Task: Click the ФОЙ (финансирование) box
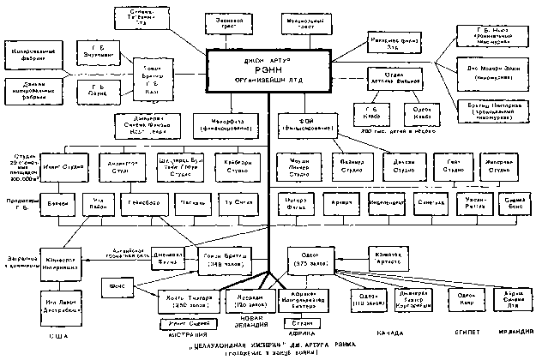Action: click(306, 124)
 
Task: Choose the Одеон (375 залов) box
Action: click(312, 257)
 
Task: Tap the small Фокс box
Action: click(118, 284)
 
